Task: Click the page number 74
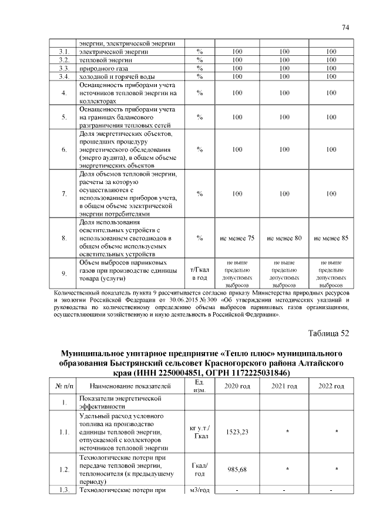click(x=345, y=27)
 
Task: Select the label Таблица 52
click(x=328, y=333)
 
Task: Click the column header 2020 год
click(x=237, y=386)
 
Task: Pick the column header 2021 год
click(x=284, y=386)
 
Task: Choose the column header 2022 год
click(x=331, y=386)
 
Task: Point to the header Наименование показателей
click(x=130, y=386)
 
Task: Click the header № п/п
click(x=64, y=386)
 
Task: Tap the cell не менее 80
click(x=284, y=238)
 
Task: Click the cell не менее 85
click(x=331, y=238)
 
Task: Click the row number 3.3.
click(x=65, y=68)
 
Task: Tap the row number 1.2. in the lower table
click(x=65, y=469)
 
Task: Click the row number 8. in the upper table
click(x=65, y=238)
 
